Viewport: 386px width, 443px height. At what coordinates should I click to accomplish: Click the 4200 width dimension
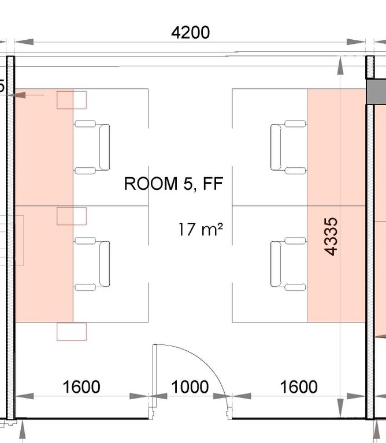tap(191, 32)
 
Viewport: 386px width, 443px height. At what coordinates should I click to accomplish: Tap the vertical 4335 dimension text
tap(331, 236)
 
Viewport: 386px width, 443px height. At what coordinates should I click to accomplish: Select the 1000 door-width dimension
tap(190, 387)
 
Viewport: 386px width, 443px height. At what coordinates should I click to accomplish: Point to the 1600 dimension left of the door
tap(81, 387)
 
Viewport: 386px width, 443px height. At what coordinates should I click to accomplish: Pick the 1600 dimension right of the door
tap(299, 387)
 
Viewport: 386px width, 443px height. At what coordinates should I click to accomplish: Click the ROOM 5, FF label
tap(174, 183)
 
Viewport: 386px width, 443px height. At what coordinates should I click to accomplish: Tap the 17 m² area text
tap(201, 230)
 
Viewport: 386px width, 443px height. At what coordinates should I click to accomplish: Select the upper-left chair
tap(92, 147)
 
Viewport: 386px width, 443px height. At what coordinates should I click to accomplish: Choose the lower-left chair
tap(92, 264)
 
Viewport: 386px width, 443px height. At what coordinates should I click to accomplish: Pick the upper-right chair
tap(288, 147)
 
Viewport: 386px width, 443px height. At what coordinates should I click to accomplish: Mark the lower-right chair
tap(288, 264)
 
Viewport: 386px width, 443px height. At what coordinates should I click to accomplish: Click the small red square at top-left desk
tap(72, 100)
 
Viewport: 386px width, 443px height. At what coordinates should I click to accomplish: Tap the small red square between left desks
tap(72, 216)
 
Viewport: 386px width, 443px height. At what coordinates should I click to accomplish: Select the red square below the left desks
tap(72, 332)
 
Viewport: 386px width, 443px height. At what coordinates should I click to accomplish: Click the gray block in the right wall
tap(376, 91)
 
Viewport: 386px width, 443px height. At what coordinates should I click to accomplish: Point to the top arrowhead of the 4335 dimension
tap(340, 66)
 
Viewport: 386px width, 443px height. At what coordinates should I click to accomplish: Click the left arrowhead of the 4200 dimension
tap(24, 42)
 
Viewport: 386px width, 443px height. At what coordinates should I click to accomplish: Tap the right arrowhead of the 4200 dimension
tap(356, 42)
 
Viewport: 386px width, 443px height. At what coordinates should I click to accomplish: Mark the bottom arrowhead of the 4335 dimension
tap(340, 408)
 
